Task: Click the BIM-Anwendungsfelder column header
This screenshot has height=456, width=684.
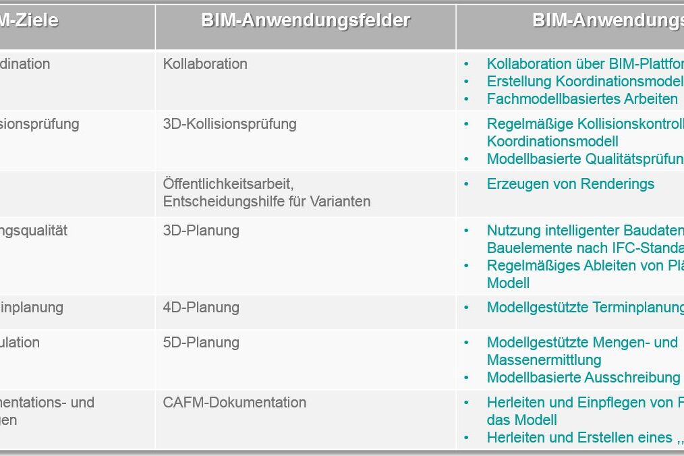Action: click(x=305, y=21)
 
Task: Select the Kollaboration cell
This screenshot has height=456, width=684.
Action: click(x=205, y=64)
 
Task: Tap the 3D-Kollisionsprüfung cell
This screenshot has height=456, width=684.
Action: click(x=229, y=124)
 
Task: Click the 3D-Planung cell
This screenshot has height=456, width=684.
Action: click(x=201, y=231)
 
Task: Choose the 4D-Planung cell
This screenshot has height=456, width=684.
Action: click(x=201, y=308)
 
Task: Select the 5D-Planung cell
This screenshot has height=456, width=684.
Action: click(x=201, y=343)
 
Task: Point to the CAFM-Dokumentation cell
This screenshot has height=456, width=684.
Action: click(x=235, y=403)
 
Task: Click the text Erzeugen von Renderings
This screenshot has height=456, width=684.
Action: click(x=570, y=184)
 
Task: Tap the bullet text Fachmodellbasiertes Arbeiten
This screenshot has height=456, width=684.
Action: click(x=582, y=99)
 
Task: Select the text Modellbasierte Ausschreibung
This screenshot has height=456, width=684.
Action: click(x=583, y=378)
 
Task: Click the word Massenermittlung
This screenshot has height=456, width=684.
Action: click(x=544, y=360)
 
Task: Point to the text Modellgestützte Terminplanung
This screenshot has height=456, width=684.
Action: click(x=585, y=308)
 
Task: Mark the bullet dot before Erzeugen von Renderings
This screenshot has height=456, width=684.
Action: click(x=466, y=184)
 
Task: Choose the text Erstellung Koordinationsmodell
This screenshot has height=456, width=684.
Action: click(x=585, y=82)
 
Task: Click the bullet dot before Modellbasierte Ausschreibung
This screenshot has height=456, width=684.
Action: click(x=466, y=378)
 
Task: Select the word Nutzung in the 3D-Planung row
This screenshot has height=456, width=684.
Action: click(x=511, y=231)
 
